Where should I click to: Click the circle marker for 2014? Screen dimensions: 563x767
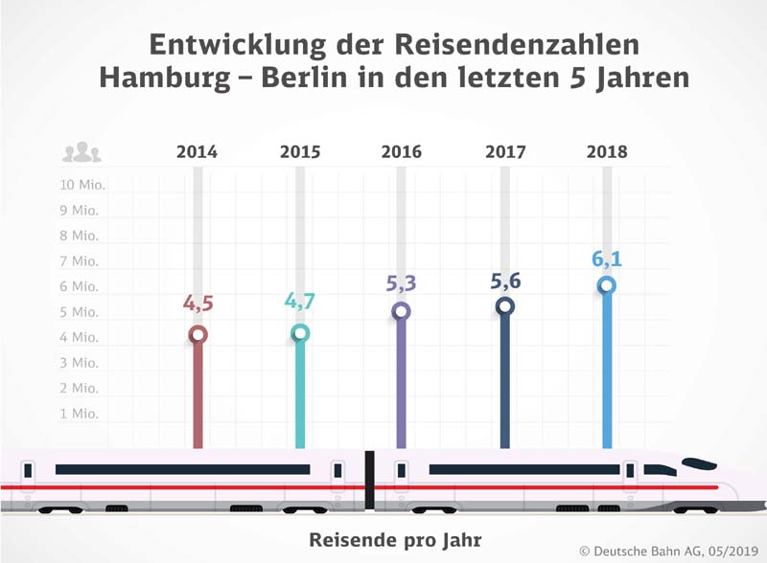198,334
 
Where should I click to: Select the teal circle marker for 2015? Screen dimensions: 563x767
300,333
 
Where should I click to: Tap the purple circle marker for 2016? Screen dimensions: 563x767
402,310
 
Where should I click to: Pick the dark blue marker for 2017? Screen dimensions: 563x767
505,306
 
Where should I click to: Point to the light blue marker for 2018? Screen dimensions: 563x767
606,285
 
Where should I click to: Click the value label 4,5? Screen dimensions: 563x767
198,304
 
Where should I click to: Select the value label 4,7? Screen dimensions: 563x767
300,301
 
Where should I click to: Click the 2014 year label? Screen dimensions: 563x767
197,152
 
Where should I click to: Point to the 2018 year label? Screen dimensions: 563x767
607,152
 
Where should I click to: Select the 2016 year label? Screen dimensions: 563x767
401,152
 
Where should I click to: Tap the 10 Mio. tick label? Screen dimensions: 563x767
82,185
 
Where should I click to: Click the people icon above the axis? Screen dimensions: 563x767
81,152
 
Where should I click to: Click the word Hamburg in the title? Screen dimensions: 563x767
163,78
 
